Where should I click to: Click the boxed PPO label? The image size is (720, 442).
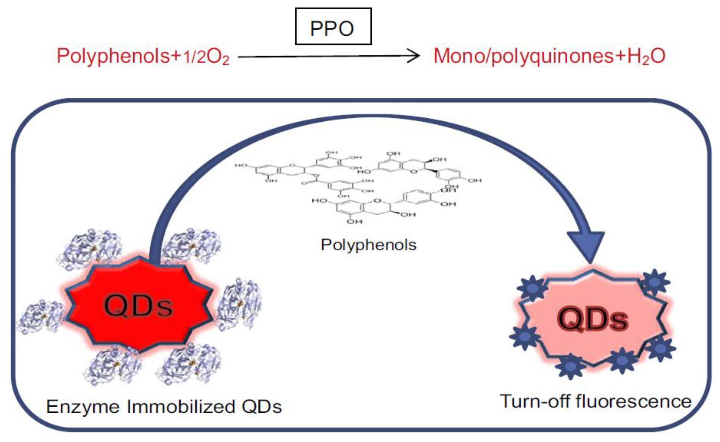point(333,27)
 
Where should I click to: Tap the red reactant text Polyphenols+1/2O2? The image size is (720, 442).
point(143,56)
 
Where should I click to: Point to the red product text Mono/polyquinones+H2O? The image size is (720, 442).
point(549,56)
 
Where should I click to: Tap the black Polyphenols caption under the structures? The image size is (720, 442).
point(368,245)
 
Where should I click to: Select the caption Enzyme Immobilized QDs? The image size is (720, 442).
point(164,407)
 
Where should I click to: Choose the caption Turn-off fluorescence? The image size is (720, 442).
point(596,402)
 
